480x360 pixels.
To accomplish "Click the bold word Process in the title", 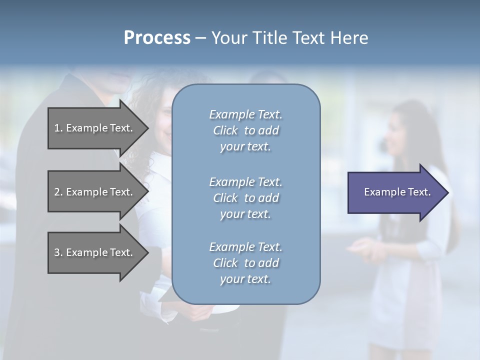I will (157, 38).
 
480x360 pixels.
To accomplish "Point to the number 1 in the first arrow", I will (57, 128).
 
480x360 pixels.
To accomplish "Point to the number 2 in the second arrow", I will (57, 192).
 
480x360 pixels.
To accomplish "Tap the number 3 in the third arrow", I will (57, 252).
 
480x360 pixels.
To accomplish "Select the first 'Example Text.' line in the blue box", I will (245, 114).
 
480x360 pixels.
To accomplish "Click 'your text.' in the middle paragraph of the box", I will (245, 214).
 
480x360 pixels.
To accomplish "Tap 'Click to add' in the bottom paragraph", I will (245, 263).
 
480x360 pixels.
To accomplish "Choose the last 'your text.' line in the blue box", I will (245, 279).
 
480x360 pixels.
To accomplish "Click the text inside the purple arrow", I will (397, 192).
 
